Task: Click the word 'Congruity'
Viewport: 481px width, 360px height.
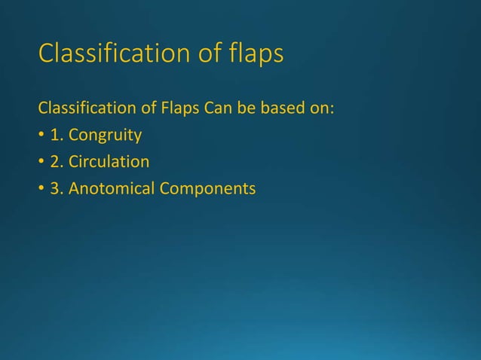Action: [x=105, y=136]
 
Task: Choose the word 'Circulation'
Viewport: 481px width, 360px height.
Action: [x=109, y=162]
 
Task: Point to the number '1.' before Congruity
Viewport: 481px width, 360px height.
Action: [x=57, y=136]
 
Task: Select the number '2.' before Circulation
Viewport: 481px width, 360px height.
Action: [x=57, y=162]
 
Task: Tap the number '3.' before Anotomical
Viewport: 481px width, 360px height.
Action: [x=57, y=188]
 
